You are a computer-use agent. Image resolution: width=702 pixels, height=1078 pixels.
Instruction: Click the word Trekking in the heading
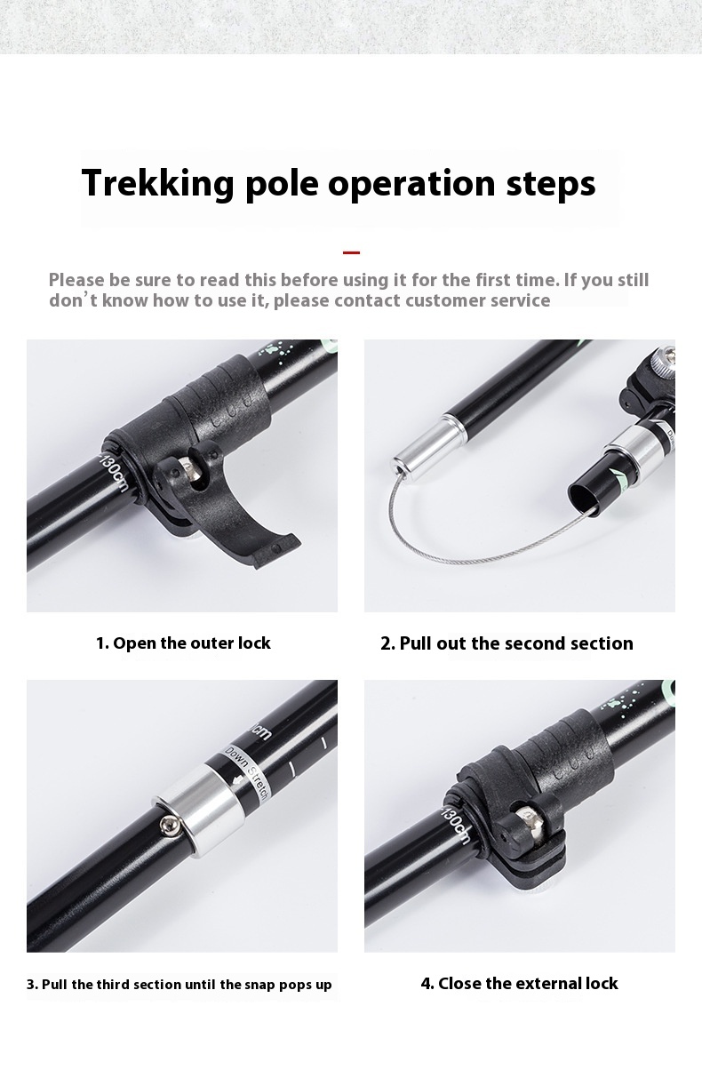[158, 183]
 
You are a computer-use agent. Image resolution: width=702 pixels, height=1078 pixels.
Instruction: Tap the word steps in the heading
[551, 184]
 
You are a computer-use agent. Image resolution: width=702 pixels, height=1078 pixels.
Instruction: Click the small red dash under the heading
[351, 252]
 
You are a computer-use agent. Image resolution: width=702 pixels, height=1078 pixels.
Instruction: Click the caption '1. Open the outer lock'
[183, 643]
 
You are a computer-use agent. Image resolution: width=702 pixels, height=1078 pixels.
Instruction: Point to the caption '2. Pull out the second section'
[507, 643]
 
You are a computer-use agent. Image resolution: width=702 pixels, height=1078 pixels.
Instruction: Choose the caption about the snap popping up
[179, 984]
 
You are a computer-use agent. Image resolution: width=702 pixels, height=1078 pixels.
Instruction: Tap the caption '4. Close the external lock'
[519, 983]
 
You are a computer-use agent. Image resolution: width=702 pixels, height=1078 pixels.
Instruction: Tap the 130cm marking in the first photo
[114, 473]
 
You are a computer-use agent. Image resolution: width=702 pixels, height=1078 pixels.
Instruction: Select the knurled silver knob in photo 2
[664, 358]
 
